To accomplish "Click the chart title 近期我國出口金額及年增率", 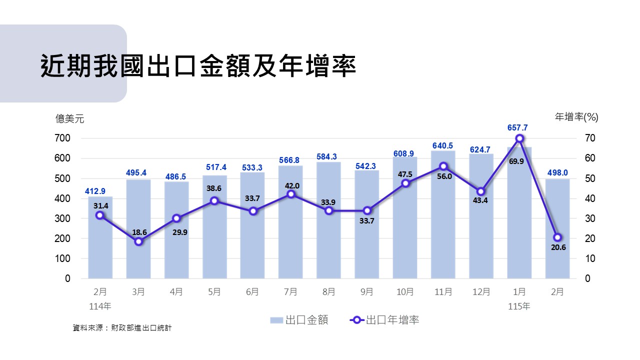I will click(x=198, y=65).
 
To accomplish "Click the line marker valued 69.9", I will click(x=519, y=138).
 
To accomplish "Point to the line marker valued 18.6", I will click(x=139, y=241).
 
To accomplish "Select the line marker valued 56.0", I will click(x=443, y=166).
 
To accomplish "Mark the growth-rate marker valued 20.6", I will click(x=557, y=237).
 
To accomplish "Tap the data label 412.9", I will click(x=95, y=191).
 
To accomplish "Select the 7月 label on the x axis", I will click(x=290, y=292).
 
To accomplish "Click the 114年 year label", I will click(x=99, y=306).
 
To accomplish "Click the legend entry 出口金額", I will click(x=299, y=320).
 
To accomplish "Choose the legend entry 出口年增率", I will click(x=385, y=320).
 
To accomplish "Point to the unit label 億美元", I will click(x=70, y=119).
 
